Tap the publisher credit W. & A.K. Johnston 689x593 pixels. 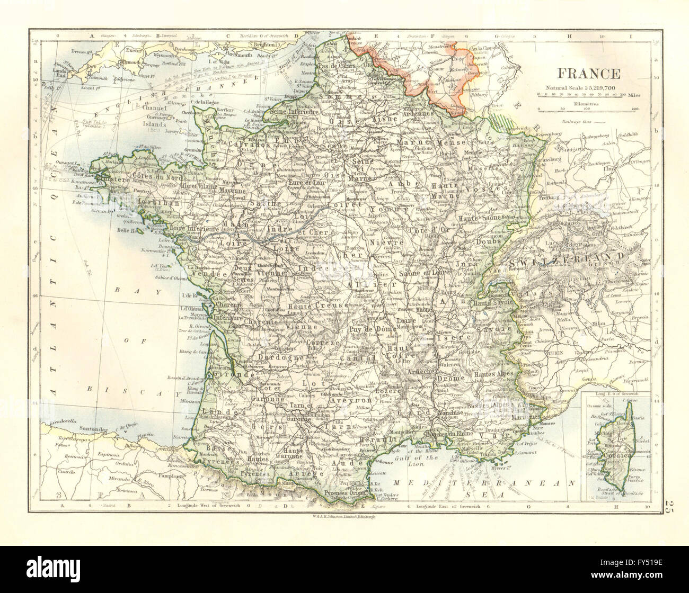pyautogui.click(x=344, y=516)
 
